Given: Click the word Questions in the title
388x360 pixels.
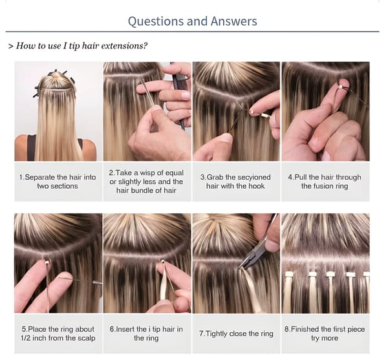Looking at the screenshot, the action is (156, 21).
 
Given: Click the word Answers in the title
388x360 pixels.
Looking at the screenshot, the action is (234, 21).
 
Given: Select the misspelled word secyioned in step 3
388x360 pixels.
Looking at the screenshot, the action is (253, 177).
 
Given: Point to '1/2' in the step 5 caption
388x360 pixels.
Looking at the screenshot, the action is (26, 338).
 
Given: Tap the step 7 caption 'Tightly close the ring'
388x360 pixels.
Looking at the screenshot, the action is (236, 334).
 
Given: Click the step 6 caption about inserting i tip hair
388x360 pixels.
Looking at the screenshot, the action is (146, 334).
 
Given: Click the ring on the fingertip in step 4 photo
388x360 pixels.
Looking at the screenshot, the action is (341, 87).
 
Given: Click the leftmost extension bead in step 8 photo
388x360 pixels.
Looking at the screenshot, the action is (289, 274).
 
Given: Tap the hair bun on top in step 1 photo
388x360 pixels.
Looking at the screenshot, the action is (57, 75).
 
